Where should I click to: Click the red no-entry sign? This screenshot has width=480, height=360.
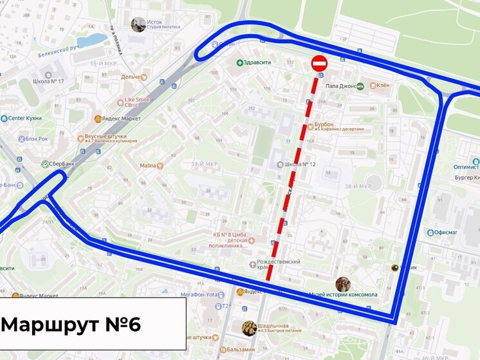320,63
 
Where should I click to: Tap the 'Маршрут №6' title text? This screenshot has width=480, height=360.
71,324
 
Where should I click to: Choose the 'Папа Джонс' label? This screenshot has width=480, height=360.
340,85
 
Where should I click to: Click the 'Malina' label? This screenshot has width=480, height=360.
147,166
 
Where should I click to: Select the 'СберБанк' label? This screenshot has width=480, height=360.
59,164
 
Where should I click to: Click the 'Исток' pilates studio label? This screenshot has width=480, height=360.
154,22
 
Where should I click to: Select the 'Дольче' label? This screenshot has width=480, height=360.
131,77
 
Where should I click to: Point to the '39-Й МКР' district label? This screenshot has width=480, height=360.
204,164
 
